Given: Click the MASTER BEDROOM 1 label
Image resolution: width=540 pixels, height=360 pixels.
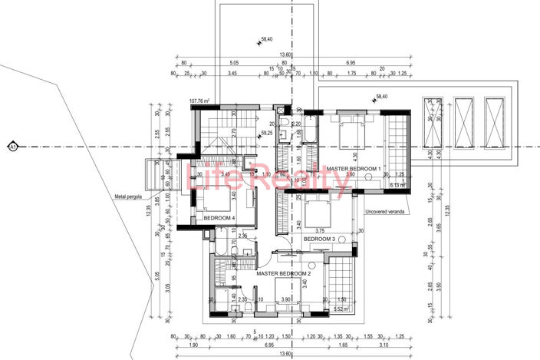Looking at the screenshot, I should (354, 168).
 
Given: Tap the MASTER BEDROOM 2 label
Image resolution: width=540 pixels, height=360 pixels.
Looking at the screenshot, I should (263, 273).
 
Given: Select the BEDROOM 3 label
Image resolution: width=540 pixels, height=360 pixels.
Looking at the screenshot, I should (319, 239).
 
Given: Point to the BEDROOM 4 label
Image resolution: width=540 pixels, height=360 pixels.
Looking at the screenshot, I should (219, 219).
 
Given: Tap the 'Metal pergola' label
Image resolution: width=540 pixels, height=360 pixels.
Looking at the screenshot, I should (129, 197).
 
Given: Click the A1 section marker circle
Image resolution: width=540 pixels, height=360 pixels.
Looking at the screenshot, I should (12, 146).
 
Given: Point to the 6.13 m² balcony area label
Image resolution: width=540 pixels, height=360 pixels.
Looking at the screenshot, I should (397, 185).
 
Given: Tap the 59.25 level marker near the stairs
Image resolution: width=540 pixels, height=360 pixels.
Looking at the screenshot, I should (268, 133).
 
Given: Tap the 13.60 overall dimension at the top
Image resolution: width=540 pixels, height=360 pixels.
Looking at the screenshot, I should (285, 54).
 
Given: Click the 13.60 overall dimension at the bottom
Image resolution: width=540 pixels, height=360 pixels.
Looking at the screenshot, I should (285, 354).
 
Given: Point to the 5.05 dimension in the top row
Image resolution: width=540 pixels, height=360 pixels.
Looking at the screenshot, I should (235, 63).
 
